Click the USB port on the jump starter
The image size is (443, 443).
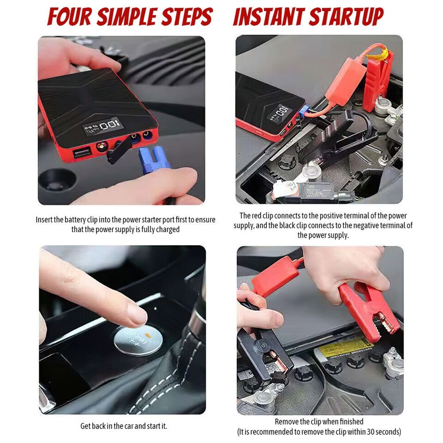(82, 152)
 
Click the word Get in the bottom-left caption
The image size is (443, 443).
(86, 426)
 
